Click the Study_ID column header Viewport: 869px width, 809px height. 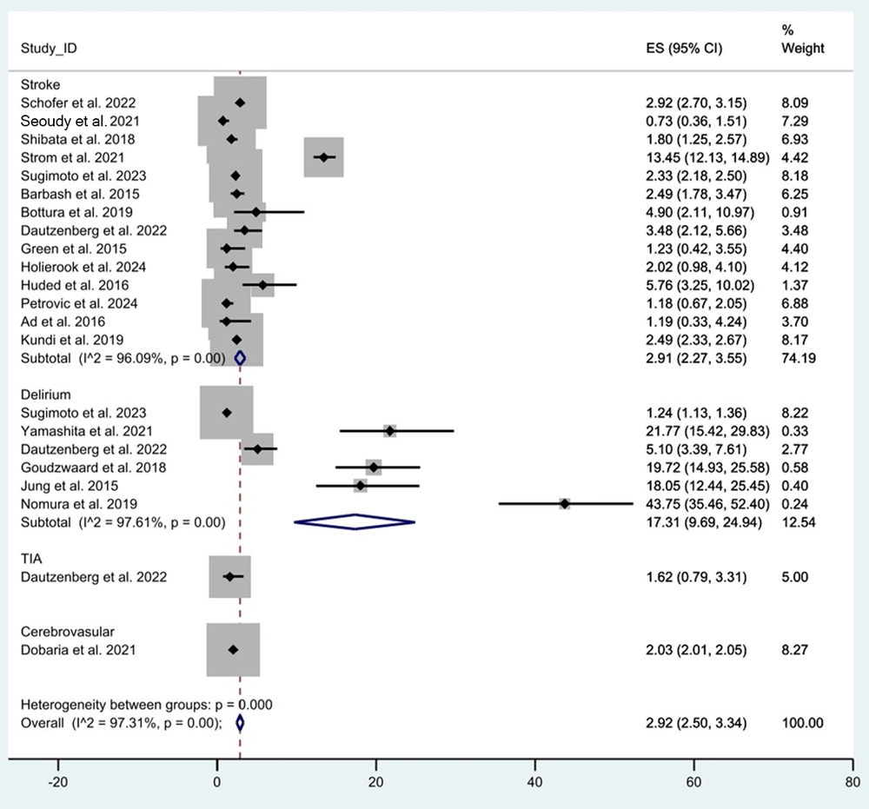[x=49, y=48]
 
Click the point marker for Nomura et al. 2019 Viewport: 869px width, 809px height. [x=565, y=503]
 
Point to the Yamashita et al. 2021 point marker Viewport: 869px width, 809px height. [x=390, y=430]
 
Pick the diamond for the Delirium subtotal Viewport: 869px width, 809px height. [x=355, y=521]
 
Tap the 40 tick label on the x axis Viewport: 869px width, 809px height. [x=535, y=779]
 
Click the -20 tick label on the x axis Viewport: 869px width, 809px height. [x=58, y=779]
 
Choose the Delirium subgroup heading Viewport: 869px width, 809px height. [x=43, y=394]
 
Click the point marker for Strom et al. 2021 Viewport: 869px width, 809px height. [x=324, y=157]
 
